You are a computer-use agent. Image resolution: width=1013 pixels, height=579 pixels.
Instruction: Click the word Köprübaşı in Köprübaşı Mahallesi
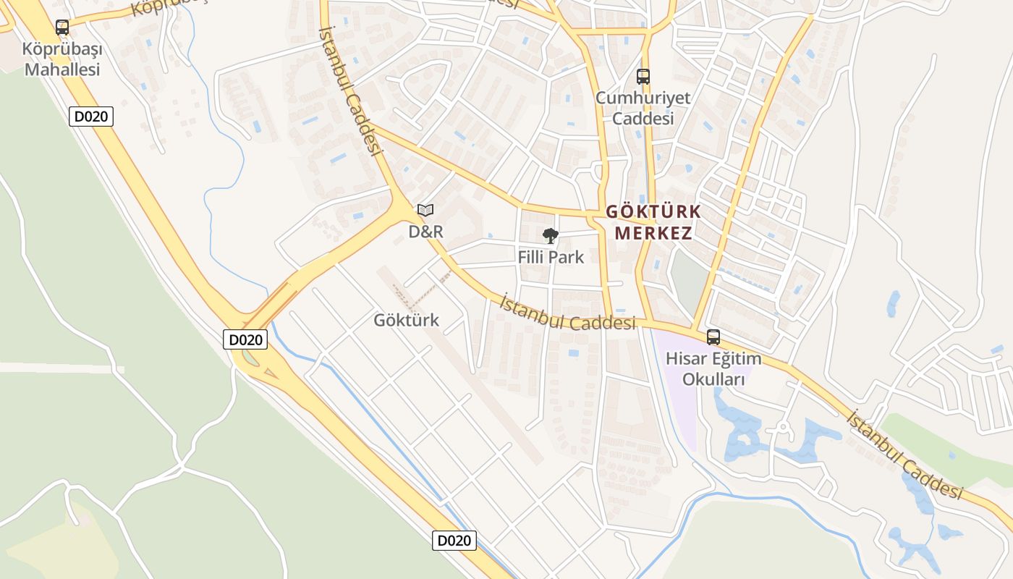[62, 50]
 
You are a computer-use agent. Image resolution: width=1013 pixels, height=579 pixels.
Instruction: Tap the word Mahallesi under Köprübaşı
[62, 69]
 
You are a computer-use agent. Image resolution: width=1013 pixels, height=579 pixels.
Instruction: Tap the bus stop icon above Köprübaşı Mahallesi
[62, 28]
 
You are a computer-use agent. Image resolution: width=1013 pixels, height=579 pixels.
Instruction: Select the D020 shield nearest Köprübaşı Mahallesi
[91, 117]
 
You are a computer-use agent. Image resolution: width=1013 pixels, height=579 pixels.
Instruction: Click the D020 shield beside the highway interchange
[245, 339]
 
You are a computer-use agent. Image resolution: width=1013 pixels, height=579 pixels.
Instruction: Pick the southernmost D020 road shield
[454, 540]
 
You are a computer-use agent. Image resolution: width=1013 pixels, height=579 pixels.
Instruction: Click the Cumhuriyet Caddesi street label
[643, 108]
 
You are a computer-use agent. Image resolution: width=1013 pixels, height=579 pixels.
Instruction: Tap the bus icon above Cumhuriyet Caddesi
[643, 76]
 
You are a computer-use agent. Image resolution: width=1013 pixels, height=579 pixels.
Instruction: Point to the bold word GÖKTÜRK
[653, 211]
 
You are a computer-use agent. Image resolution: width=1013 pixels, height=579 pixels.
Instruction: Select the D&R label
[425, 232]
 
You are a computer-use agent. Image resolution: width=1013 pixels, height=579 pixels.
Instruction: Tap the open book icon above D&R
[425, 210]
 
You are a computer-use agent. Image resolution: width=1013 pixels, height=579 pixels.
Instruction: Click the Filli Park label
[551, 257]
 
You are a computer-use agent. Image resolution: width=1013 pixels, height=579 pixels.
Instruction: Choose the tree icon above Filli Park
[551, 235]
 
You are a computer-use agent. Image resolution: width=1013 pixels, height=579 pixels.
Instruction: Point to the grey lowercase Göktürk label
[406, 320]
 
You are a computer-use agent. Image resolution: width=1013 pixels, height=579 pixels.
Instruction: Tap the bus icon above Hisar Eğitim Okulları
[713, 337]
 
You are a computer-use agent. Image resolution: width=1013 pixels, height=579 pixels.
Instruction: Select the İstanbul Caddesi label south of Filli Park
[567, 314]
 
